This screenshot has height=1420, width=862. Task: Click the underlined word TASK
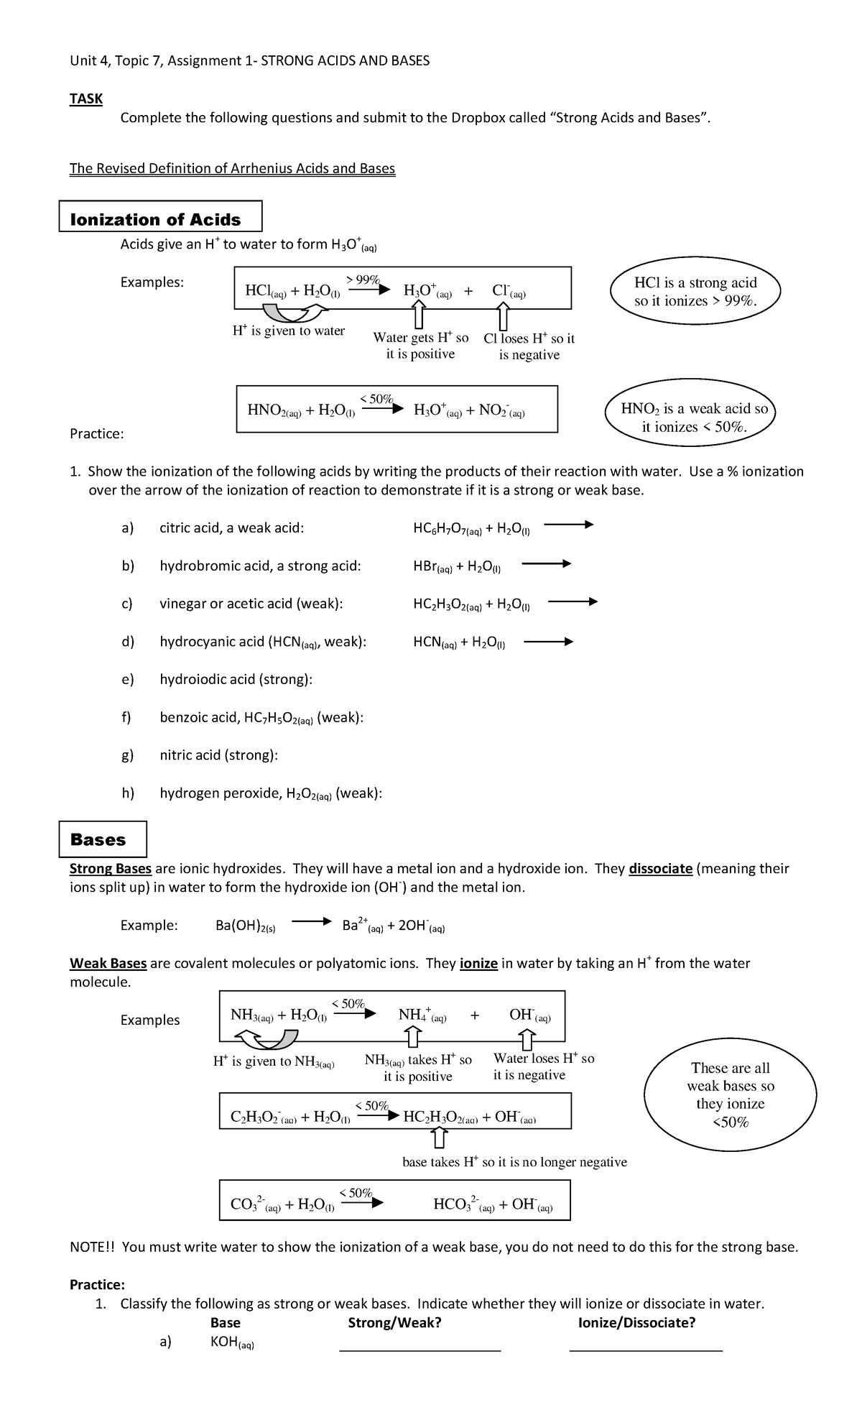coord(85,99)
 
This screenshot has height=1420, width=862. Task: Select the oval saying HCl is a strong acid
coord(695,292)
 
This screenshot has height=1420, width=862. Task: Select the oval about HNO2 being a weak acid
coord(693,418)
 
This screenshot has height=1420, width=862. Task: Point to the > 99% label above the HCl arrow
coord(363,279)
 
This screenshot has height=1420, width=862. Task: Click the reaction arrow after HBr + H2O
coord(546,564)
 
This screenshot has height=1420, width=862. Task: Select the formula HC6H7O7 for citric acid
coord(445,529)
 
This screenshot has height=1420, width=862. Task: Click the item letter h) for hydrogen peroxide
coord(128,793)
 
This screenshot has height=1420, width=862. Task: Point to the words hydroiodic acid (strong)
coord(235,679)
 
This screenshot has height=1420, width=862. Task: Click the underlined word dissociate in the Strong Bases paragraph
coord(659,868)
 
